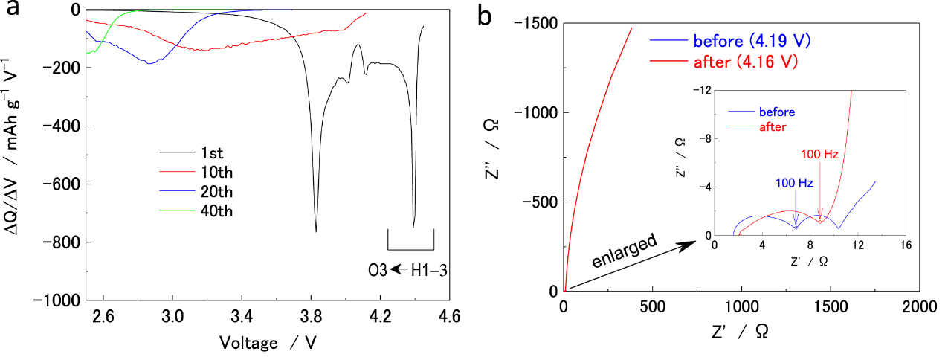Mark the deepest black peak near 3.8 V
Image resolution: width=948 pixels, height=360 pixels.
[x=316, y=231]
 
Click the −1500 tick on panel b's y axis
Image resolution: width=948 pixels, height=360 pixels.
[x=534, y=23]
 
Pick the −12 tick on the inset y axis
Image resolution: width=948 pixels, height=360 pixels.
[x=700, y=90]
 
